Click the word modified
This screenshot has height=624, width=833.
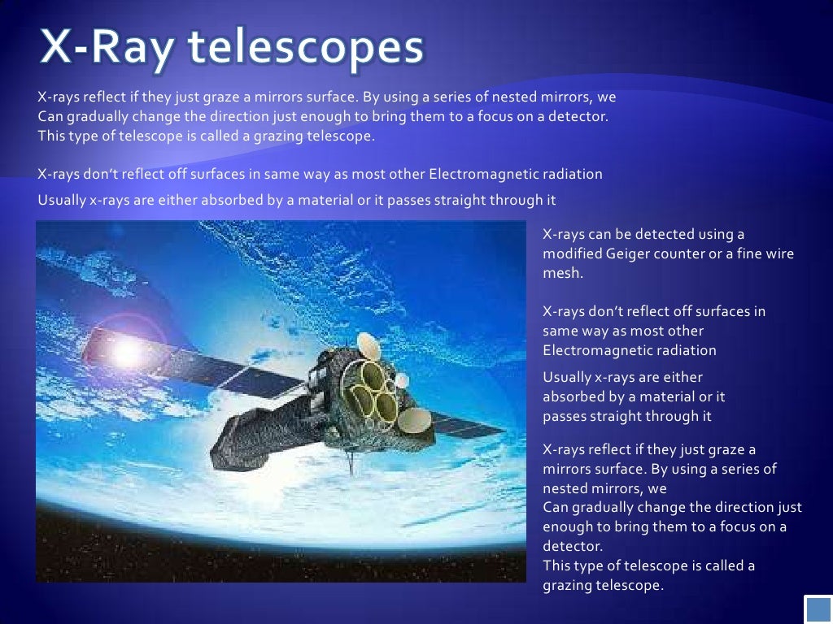click(573, 253)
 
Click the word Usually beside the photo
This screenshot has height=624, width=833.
click(567, 377)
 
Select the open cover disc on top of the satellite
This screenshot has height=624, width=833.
click(369, 347)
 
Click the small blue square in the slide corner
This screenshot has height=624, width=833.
click(817, 609)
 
